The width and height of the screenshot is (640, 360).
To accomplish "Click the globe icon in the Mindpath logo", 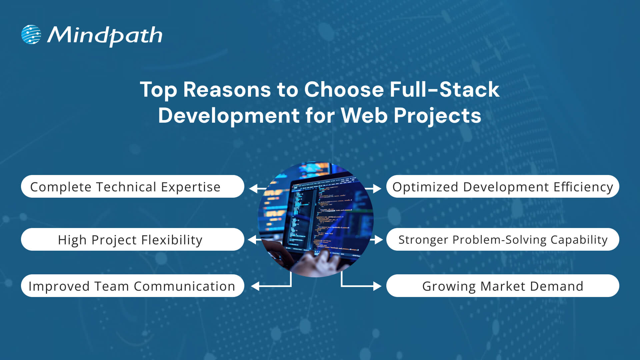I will click(31, 34).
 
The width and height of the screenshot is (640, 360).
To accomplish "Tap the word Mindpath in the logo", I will click(105, 35).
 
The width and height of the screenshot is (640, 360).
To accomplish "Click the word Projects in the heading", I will click(437, 116).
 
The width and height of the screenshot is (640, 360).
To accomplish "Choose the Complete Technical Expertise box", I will click(132, 187).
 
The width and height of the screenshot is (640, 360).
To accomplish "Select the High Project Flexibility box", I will click(132, 240).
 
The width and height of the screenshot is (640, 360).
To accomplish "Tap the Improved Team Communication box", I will click(132, 286).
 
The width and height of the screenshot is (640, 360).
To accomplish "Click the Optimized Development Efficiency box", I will click(502, 187).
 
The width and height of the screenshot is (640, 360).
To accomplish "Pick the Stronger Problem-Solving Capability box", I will click(502, 240).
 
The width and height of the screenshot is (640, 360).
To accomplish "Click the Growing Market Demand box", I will click(502, 286).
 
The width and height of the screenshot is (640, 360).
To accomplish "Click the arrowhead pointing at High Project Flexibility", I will click(252, 239).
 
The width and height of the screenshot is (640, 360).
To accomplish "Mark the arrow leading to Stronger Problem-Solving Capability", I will click(377, 239).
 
